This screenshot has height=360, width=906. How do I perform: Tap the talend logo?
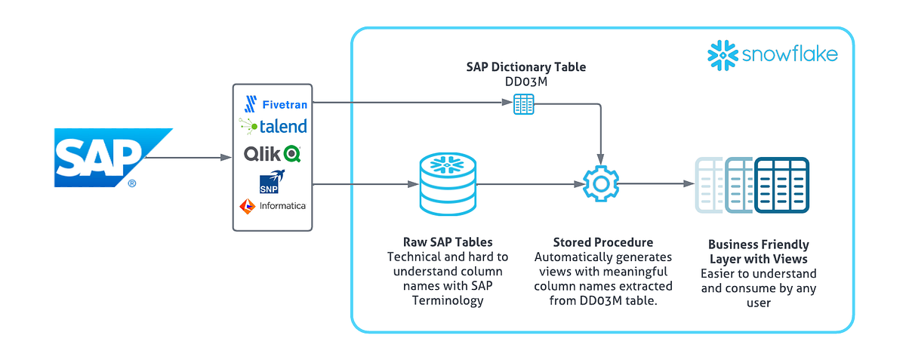click(x=273, y=125)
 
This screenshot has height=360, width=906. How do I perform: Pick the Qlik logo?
click(x=273, y=154)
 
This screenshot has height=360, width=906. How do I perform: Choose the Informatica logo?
click(x=273, y=205)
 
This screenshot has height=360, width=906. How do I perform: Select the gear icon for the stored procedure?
click(x=601, y=183)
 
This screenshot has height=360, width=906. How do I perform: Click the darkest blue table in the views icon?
click(x=782, y=185)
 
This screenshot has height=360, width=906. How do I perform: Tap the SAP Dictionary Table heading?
click(x=525, y=67)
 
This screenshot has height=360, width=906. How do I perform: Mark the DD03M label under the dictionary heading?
click(x=525, y=81)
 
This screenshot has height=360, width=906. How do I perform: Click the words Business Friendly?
click(x=758, y=245)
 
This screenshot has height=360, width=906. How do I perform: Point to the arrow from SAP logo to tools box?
click(x=187, y=158)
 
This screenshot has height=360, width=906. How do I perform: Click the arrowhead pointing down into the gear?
click(x=601, y=158)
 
